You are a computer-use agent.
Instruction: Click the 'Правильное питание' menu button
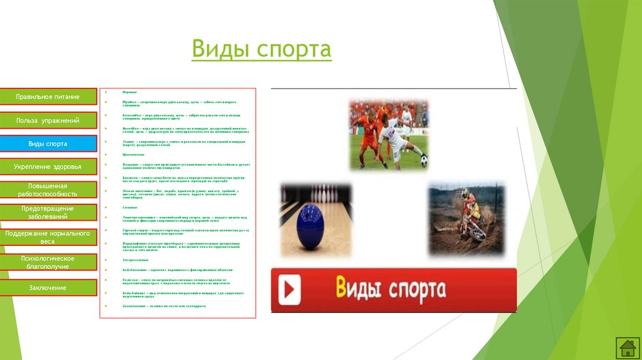point(48,97)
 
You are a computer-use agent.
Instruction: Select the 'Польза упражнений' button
point(48,120)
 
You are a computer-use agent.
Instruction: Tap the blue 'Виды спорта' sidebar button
point(48,144)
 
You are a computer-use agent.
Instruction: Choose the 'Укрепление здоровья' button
point(48,167)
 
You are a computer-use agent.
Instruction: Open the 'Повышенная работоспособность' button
point(48,191)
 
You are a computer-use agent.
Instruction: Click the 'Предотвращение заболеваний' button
point(48,213)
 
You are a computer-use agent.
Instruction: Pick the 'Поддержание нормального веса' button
point(48,237)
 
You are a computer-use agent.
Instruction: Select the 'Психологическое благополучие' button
point(48,262)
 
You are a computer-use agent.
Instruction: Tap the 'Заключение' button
point(48,287)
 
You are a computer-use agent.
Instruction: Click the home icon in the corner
point(626,347)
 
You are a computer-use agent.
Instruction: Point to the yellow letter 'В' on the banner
point(342,289)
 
